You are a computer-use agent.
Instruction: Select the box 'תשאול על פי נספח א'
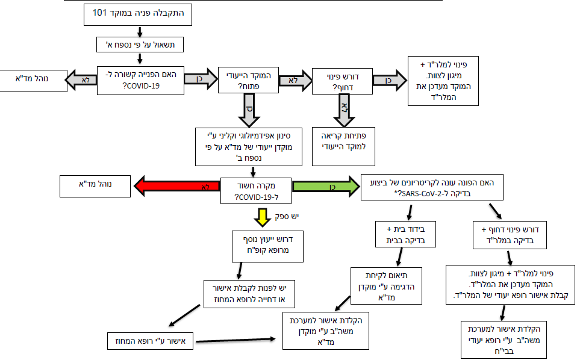pyautogui.click(x=139, y=45)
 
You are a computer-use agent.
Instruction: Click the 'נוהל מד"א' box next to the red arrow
pyautogui.click(x=95, y=186)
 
